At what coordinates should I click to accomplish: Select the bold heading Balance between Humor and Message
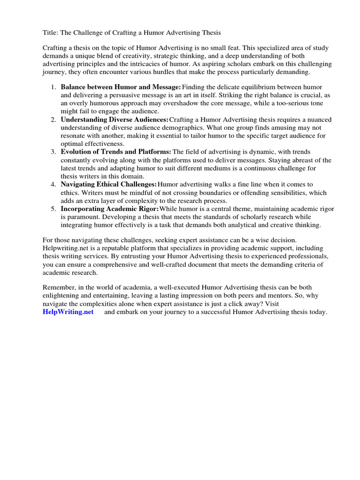pos(120,87)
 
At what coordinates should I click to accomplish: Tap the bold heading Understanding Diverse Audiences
pos(114,120)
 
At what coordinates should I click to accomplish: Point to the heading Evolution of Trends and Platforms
pos(116,152)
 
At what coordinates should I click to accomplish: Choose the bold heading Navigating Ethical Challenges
pos(108,184)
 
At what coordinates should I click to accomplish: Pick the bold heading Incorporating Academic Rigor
pos(110,209)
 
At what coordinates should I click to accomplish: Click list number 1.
pos(53,87)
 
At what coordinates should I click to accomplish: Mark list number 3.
pos(53,152)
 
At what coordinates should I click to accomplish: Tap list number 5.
pos(53,209)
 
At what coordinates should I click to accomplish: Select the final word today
pos(317,312)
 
